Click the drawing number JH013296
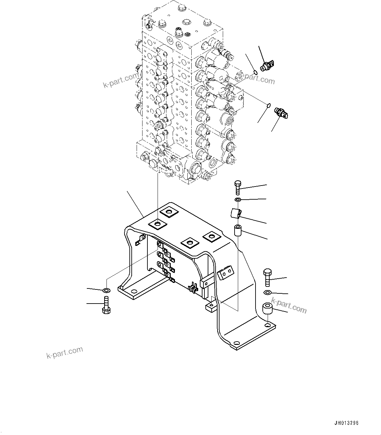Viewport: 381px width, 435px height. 347,423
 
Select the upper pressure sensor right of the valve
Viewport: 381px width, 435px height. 268,66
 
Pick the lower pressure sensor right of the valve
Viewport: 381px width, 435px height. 281,112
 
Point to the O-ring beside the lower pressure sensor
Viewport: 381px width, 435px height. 268,105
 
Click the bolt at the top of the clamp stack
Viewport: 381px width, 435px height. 238,187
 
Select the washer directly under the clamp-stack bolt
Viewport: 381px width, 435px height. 238,200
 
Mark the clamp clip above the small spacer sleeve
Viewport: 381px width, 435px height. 237,213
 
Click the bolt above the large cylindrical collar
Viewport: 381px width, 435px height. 266,277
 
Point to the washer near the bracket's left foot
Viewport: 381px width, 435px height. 106,290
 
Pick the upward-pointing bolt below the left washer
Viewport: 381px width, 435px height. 106,305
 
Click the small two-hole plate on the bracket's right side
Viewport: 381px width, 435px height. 226,272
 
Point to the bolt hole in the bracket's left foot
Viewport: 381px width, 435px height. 133,291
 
